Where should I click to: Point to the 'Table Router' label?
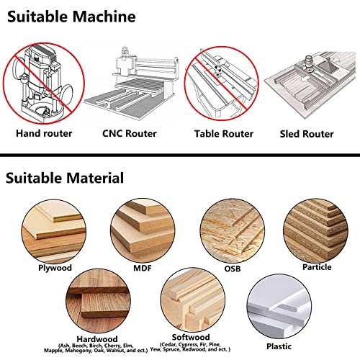[223, 134]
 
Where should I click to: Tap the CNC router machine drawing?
[132, 79]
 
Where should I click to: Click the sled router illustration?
[311, 79]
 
